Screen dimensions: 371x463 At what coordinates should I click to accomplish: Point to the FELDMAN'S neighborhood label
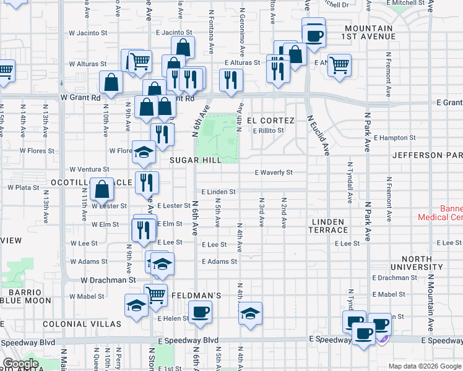click(x=196, y=296)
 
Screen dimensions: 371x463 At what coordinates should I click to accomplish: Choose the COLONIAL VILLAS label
click(x=82, y=323)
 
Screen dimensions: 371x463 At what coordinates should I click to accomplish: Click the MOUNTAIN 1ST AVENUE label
click(x=370, y=32)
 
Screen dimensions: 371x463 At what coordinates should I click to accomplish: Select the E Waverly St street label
click(x=274, y=173)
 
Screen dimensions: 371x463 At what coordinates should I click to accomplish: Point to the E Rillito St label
click(x=268, y=130)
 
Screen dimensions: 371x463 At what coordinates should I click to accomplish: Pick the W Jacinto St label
click(x=88, y=33)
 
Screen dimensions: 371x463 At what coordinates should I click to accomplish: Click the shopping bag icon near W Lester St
click(x=101, y=189)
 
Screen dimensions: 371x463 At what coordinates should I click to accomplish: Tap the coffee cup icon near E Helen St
click(x=199, y=312)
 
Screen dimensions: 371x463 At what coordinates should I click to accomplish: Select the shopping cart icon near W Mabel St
click(x=155, y=294)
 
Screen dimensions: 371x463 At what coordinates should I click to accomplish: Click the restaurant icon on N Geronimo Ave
click(x=231, y=80)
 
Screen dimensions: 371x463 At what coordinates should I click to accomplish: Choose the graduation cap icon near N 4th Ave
click(x=250, y=313)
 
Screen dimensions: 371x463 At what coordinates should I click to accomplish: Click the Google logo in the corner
click(x=20, y=364)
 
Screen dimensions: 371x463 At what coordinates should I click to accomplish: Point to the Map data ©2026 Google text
click(x=424, y=366)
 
